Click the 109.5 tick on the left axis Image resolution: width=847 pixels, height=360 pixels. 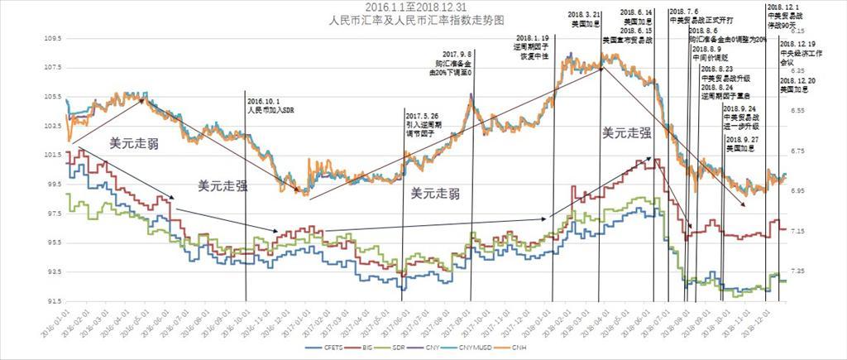click(x=53, y=38)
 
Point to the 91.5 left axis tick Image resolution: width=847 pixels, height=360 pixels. click(x=55, y=301)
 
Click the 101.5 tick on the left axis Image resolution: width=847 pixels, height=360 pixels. click(x=53, y=155)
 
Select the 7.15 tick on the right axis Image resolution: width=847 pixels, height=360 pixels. click(x=794, y=232)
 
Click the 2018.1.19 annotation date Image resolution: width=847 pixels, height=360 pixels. click(x=532, y=38)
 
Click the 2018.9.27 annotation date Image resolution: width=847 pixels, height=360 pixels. click(x=741, y=140)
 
